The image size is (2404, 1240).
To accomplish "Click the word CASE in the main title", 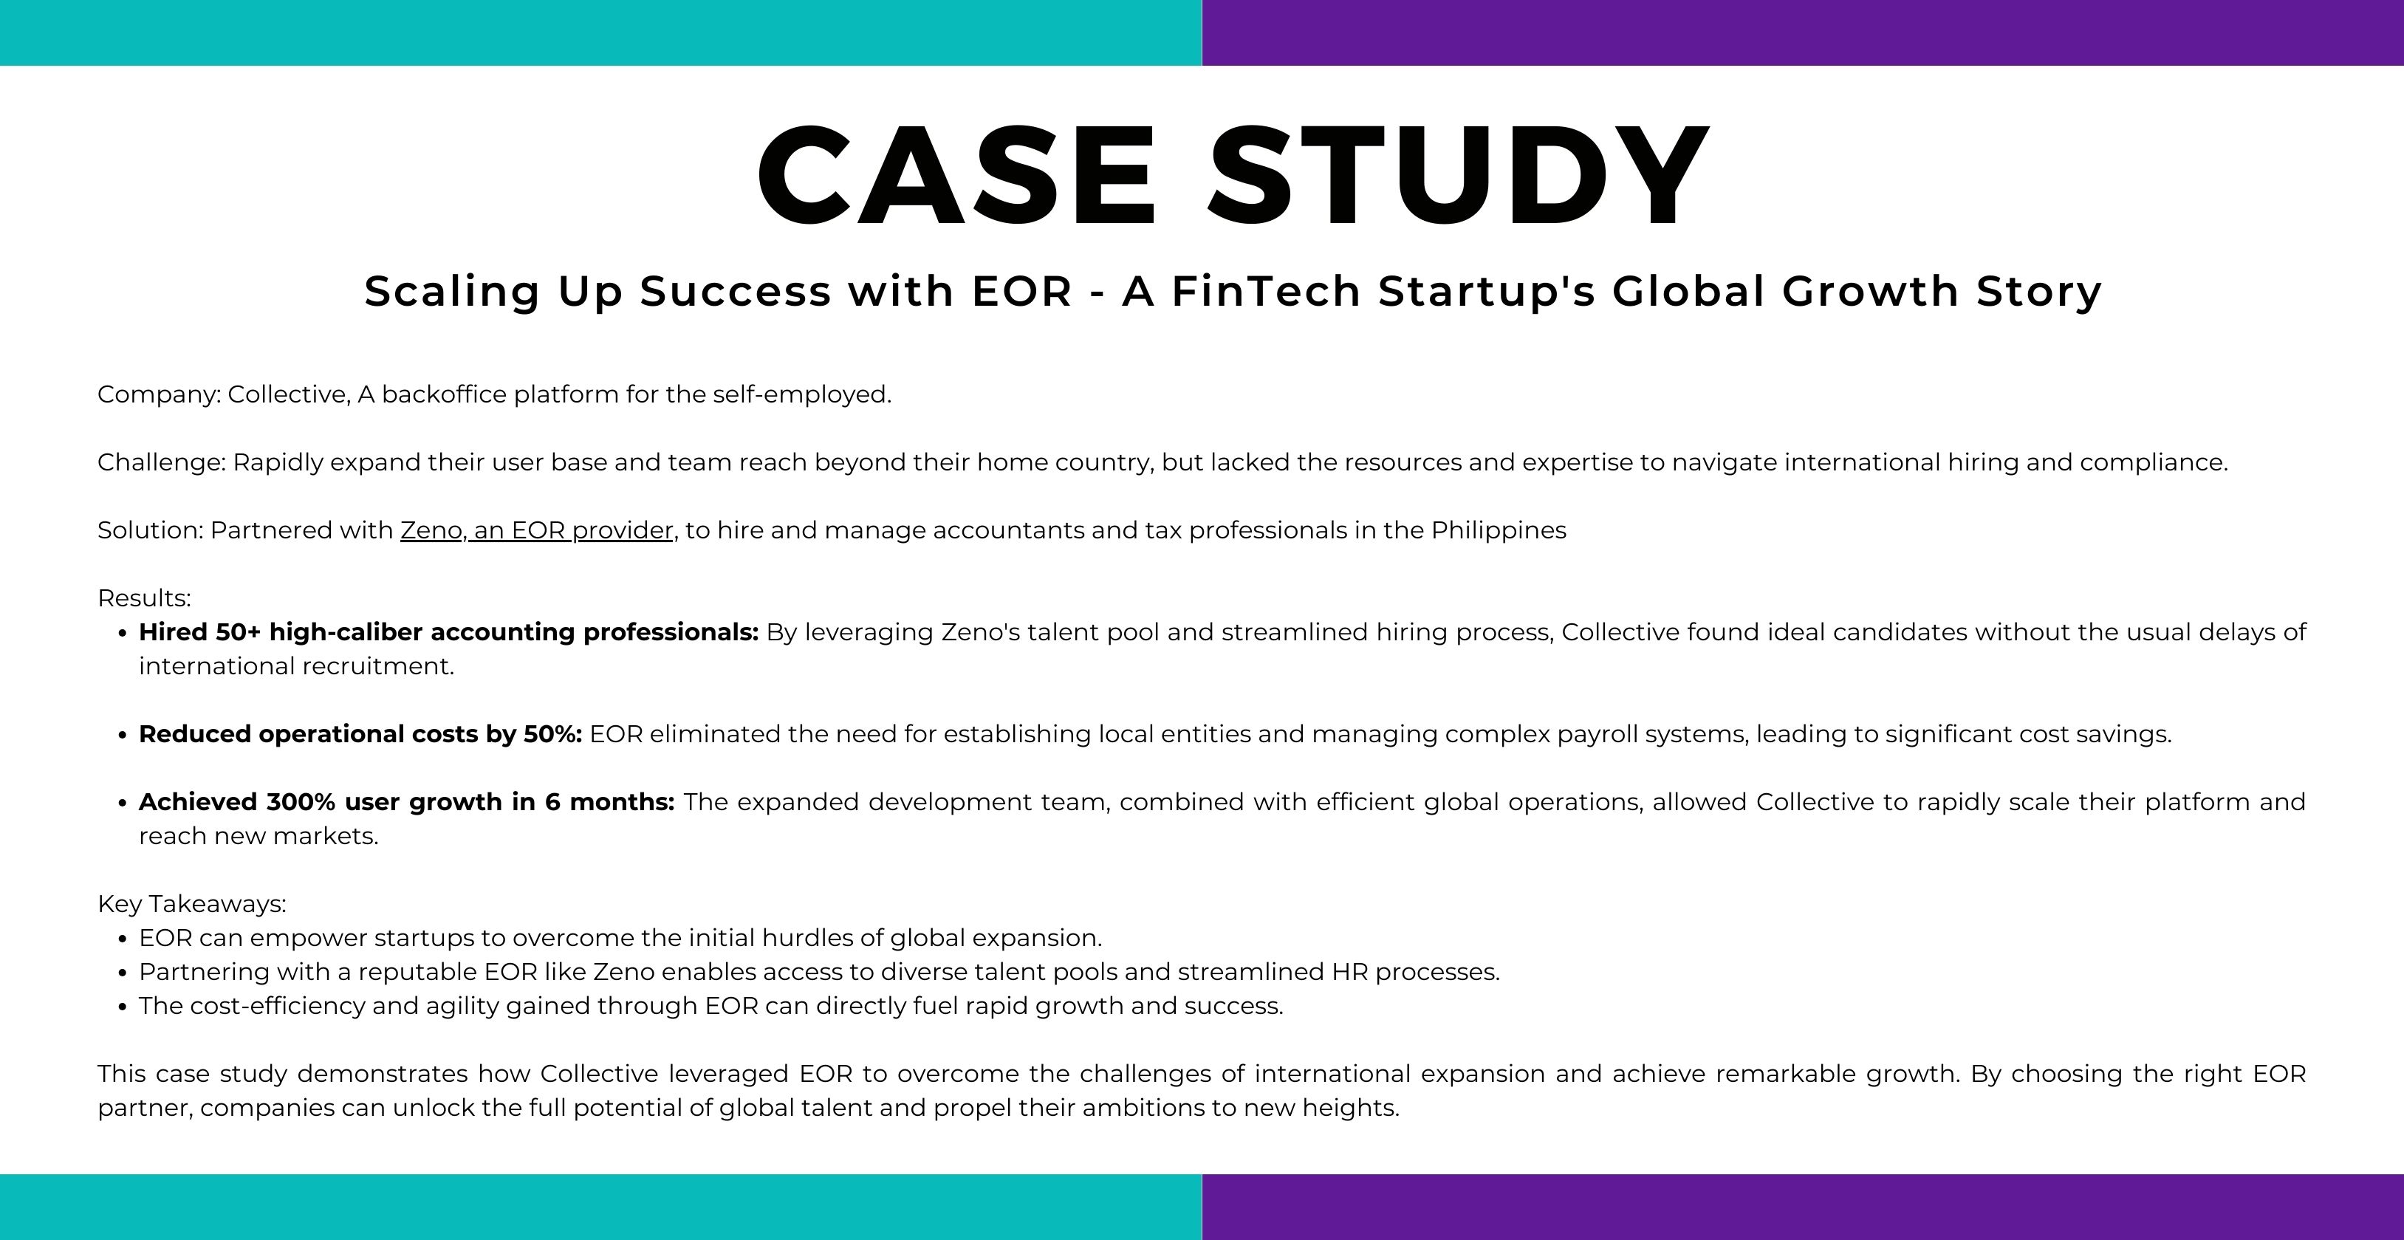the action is tap(956, 176).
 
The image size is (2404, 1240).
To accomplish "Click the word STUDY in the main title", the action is tap(1458, 176).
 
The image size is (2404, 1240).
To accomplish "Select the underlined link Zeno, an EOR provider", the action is tap(538, 531).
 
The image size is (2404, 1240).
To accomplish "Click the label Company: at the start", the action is tap(159, 394).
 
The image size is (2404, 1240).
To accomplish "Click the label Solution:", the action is tap(150, 530).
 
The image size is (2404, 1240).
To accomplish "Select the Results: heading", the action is tap(145, 598).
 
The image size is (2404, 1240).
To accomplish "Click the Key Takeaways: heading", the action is tap(192, 904).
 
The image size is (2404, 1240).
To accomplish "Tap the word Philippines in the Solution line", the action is tap(1499, 531).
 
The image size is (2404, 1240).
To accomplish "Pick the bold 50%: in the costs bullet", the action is tap(552, 734).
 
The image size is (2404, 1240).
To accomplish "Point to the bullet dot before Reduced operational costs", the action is tap(123, 736).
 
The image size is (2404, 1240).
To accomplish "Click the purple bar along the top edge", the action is tap(1803, 32).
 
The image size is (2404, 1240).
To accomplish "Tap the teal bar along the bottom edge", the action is tap(601, 1208).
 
